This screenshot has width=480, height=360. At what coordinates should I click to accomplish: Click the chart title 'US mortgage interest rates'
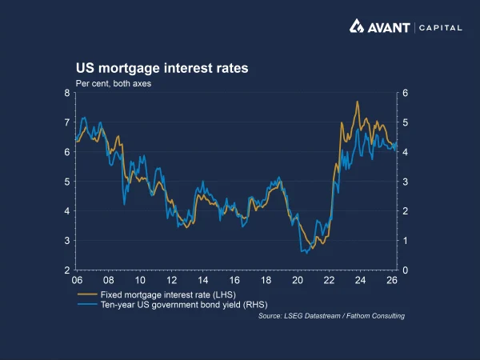click(162, 69)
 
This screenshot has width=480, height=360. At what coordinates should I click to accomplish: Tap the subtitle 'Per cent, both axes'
click(114, 82)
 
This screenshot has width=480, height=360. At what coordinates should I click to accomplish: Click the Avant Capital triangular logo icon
click(358, 26)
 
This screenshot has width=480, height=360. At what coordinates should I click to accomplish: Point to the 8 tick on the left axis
click(67, 93)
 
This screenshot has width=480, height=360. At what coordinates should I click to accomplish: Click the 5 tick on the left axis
click(67, 182)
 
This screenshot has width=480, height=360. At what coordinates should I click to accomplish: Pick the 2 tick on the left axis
click(67, 270)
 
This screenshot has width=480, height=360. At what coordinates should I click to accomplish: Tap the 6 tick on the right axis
click(406, 93)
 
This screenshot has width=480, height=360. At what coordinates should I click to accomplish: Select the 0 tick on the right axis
click(406, 270)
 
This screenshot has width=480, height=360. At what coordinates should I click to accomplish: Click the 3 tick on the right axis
click(406, 182)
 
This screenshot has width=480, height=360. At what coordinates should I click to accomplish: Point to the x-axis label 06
click(77, 282)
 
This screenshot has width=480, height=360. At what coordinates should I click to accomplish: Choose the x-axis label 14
click(203, 282)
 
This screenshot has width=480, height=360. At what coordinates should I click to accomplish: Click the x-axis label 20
click(298, 282)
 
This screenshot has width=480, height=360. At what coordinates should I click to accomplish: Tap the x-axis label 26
click(392, 282)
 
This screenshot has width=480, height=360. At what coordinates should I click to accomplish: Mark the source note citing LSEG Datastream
click(331, 316)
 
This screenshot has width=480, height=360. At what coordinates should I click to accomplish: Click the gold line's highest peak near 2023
click(357, 102)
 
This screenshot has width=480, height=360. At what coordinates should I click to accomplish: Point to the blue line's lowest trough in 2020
click(303, 253)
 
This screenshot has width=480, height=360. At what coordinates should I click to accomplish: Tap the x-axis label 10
click(140, 282)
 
